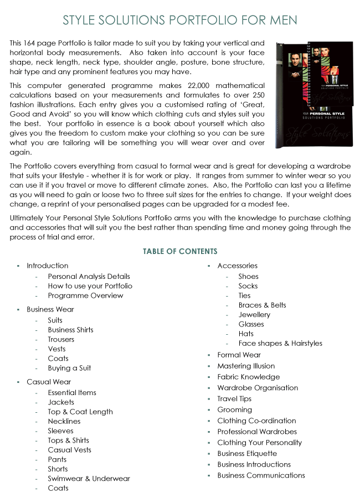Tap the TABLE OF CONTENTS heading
tap(180, 252)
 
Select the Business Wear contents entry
tap(50, 309)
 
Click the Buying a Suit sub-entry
tap(69, 368)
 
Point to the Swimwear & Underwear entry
tap(89, 479)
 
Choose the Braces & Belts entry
tap(262, 305)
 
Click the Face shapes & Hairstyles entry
tap(280, 343)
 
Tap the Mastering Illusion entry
tap(246, 366)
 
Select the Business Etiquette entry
tap(247, 453)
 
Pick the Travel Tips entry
tap(234, 398)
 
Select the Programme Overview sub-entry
tap(85, 295)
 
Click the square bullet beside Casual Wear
tap(18, 382)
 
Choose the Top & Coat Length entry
tap(80, 412)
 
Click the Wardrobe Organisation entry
tap(258, 388)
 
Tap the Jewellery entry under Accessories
tap(254, 314)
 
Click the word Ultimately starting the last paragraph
tap(29, 217)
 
